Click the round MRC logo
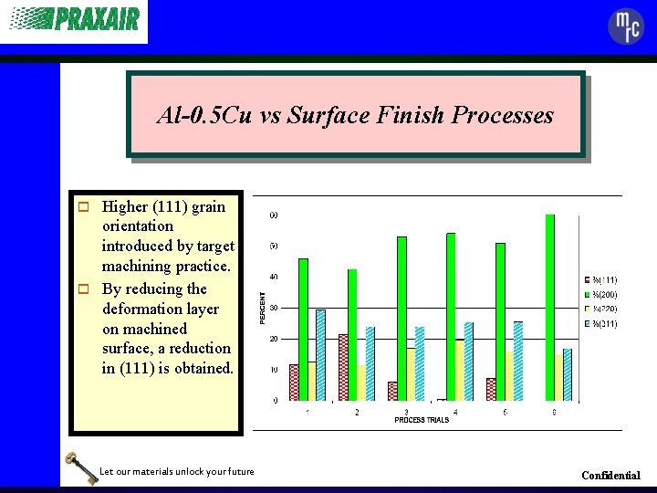tap(625, 26)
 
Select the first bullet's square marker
tap(81, 207)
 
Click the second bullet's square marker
tap(81, 289)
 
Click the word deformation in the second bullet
tap(143, 309)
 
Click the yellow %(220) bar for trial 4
tap(460, 371)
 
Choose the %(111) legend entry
tap(601, 279)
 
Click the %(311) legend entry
tap(601, 323)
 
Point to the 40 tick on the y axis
tap(274, 277)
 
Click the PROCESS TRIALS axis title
tap(422, 420)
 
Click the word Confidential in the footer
tap(610, 476)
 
